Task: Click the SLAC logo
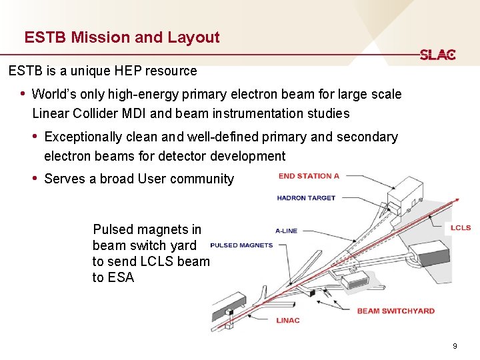coord(437,55)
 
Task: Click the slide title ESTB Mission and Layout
coord(122,37)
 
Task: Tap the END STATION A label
coord(309,176)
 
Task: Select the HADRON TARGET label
coord(306,198)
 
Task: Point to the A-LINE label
coord(287,231)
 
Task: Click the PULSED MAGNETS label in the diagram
coord(241,245)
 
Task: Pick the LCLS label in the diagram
coord(460,228)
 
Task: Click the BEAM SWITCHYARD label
coord(395,311)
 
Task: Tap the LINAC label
coord(288,321)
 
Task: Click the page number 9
coord(455,346)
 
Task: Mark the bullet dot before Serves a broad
coord(35,179)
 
